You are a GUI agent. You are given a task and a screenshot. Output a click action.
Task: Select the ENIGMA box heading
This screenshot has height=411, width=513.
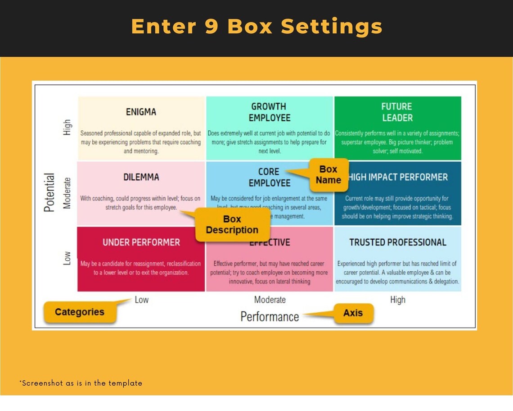pos(141,112)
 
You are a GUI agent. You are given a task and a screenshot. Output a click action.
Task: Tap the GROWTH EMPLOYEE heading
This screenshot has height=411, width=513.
pos(269,112)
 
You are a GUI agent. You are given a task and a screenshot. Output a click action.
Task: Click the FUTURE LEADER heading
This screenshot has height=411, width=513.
pos(397,112)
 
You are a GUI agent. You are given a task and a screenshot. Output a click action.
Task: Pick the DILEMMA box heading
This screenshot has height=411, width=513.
pos(141,177)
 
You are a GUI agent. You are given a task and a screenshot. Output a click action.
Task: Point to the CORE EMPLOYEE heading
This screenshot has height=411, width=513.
pos(269,177)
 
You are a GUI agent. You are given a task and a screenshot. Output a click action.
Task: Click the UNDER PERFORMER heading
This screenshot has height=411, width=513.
pos(141,242)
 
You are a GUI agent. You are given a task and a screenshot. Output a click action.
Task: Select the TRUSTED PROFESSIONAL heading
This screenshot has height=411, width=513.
pos(397,242)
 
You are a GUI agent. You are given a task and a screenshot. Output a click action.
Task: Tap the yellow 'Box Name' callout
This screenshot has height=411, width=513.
pos(328,174)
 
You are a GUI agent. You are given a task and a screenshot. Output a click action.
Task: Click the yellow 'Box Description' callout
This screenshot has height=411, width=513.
pos(232,224)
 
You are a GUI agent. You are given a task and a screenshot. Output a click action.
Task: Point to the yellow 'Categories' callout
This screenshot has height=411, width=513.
pos(80,312)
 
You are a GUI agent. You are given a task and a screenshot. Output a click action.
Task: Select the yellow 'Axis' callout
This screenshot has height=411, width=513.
pos(353,313)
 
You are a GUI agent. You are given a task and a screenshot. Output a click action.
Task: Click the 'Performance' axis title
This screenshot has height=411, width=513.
pos(269,317)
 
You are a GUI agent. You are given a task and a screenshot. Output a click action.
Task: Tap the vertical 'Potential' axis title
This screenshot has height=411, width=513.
pos(49,192)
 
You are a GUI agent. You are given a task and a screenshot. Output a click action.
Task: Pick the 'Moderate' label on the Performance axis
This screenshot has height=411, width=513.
pos(269,300)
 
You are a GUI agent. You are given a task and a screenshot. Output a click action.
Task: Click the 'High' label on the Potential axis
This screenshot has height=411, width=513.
pos(67,127)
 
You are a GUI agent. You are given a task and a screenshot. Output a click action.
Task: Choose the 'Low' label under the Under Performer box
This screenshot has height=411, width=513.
pos(141,300)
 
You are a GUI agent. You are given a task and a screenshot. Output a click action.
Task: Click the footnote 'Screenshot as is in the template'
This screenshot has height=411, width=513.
pos(81,383)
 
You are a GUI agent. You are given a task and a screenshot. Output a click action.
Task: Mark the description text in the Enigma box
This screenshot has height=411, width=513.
pos(141,142)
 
